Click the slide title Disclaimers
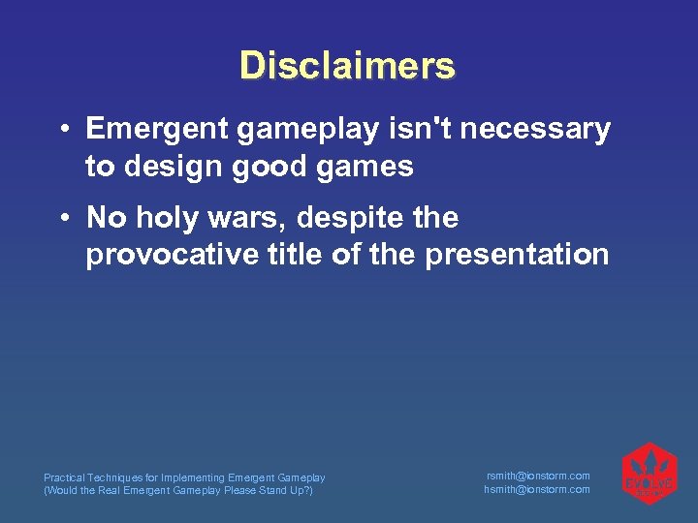(347, 66)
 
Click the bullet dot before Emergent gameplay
(61, 130)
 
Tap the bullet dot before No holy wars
(61, 219)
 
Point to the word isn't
(424, 129)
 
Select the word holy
(174, 218)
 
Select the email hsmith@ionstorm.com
(537, 489)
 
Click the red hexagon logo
(649, 474)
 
